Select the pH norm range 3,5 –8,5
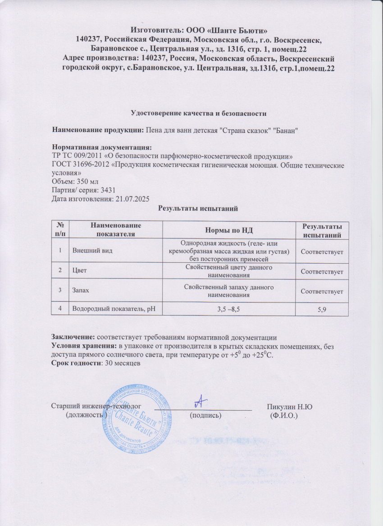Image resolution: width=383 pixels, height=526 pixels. (228, 309)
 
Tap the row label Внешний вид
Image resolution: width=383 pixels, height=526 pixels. (89, 250)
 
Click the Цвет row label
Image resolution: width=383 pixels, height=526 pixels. (80, 271)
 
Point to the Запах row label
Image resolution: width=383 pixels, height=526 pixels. (82, 290)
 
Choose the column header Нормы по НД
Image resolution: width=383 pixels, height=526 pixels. (228, 229)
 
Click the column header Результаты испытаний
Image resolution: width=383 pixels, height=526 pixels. (322, 230)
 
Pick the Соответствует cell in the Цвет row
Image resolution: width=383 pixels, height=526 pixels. (322, 272)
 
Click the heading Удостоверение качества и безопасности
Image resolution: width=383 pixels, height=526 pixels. (196, 112)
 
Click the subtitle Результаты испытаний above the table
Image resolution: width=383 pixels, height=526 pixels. (197, 208)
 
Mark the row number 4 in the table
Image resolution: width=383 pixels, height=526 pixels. (59, 309)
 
